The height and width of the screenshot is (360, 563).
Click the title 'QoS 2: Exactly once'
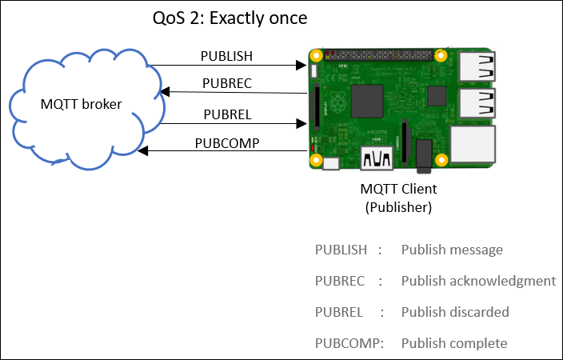coord(230,17)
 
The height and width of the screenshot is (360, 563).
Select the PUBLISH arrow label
coord(226,56)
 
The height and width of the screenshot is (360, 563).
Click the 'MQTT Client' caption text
coord(398,189)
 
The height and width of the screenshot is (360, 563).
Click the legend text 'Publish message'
coord(452,250)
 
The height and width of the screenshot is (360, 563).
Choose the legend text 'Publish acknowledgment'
coord(478,281)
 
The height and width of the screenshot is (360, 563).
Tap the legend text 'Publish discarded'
coord(455,312)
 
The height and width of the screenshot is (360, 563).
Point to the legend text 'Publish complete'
coord(454,343)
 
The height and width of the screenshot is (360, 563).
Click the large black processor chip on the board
coord(367,102)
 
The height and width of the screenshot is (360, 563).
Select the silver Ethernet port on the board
coord(473,146)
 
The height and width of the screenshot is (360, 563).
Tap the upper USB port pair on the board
coord(477,68)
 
